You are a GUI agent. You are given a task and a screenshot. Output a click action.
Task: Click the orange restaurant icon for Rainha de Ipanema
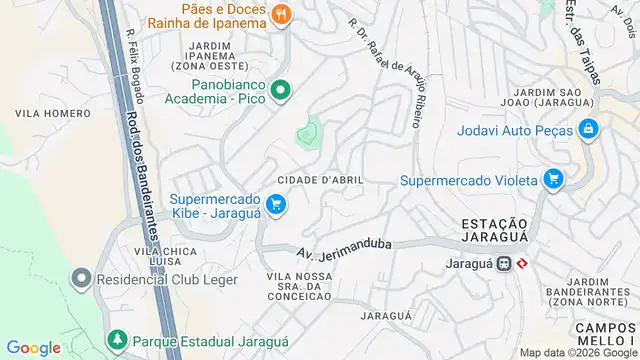[282, 14]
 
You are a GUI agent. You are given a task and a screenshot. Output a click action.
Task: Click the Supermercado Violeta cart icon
[552, 180]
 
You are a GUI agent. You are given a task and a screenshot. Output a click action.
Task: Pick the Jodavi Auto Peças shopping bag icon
[589, 129]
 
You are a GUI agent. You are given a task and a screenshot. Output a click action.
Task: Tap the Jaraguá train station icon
[504, 264]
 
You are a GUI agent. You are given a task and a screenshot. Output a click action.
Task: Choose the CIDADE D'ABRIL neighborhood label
[326, 179]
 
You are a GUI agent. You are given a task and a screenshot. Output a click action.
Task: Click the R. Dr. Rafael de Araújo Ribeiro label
[386, 70]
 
